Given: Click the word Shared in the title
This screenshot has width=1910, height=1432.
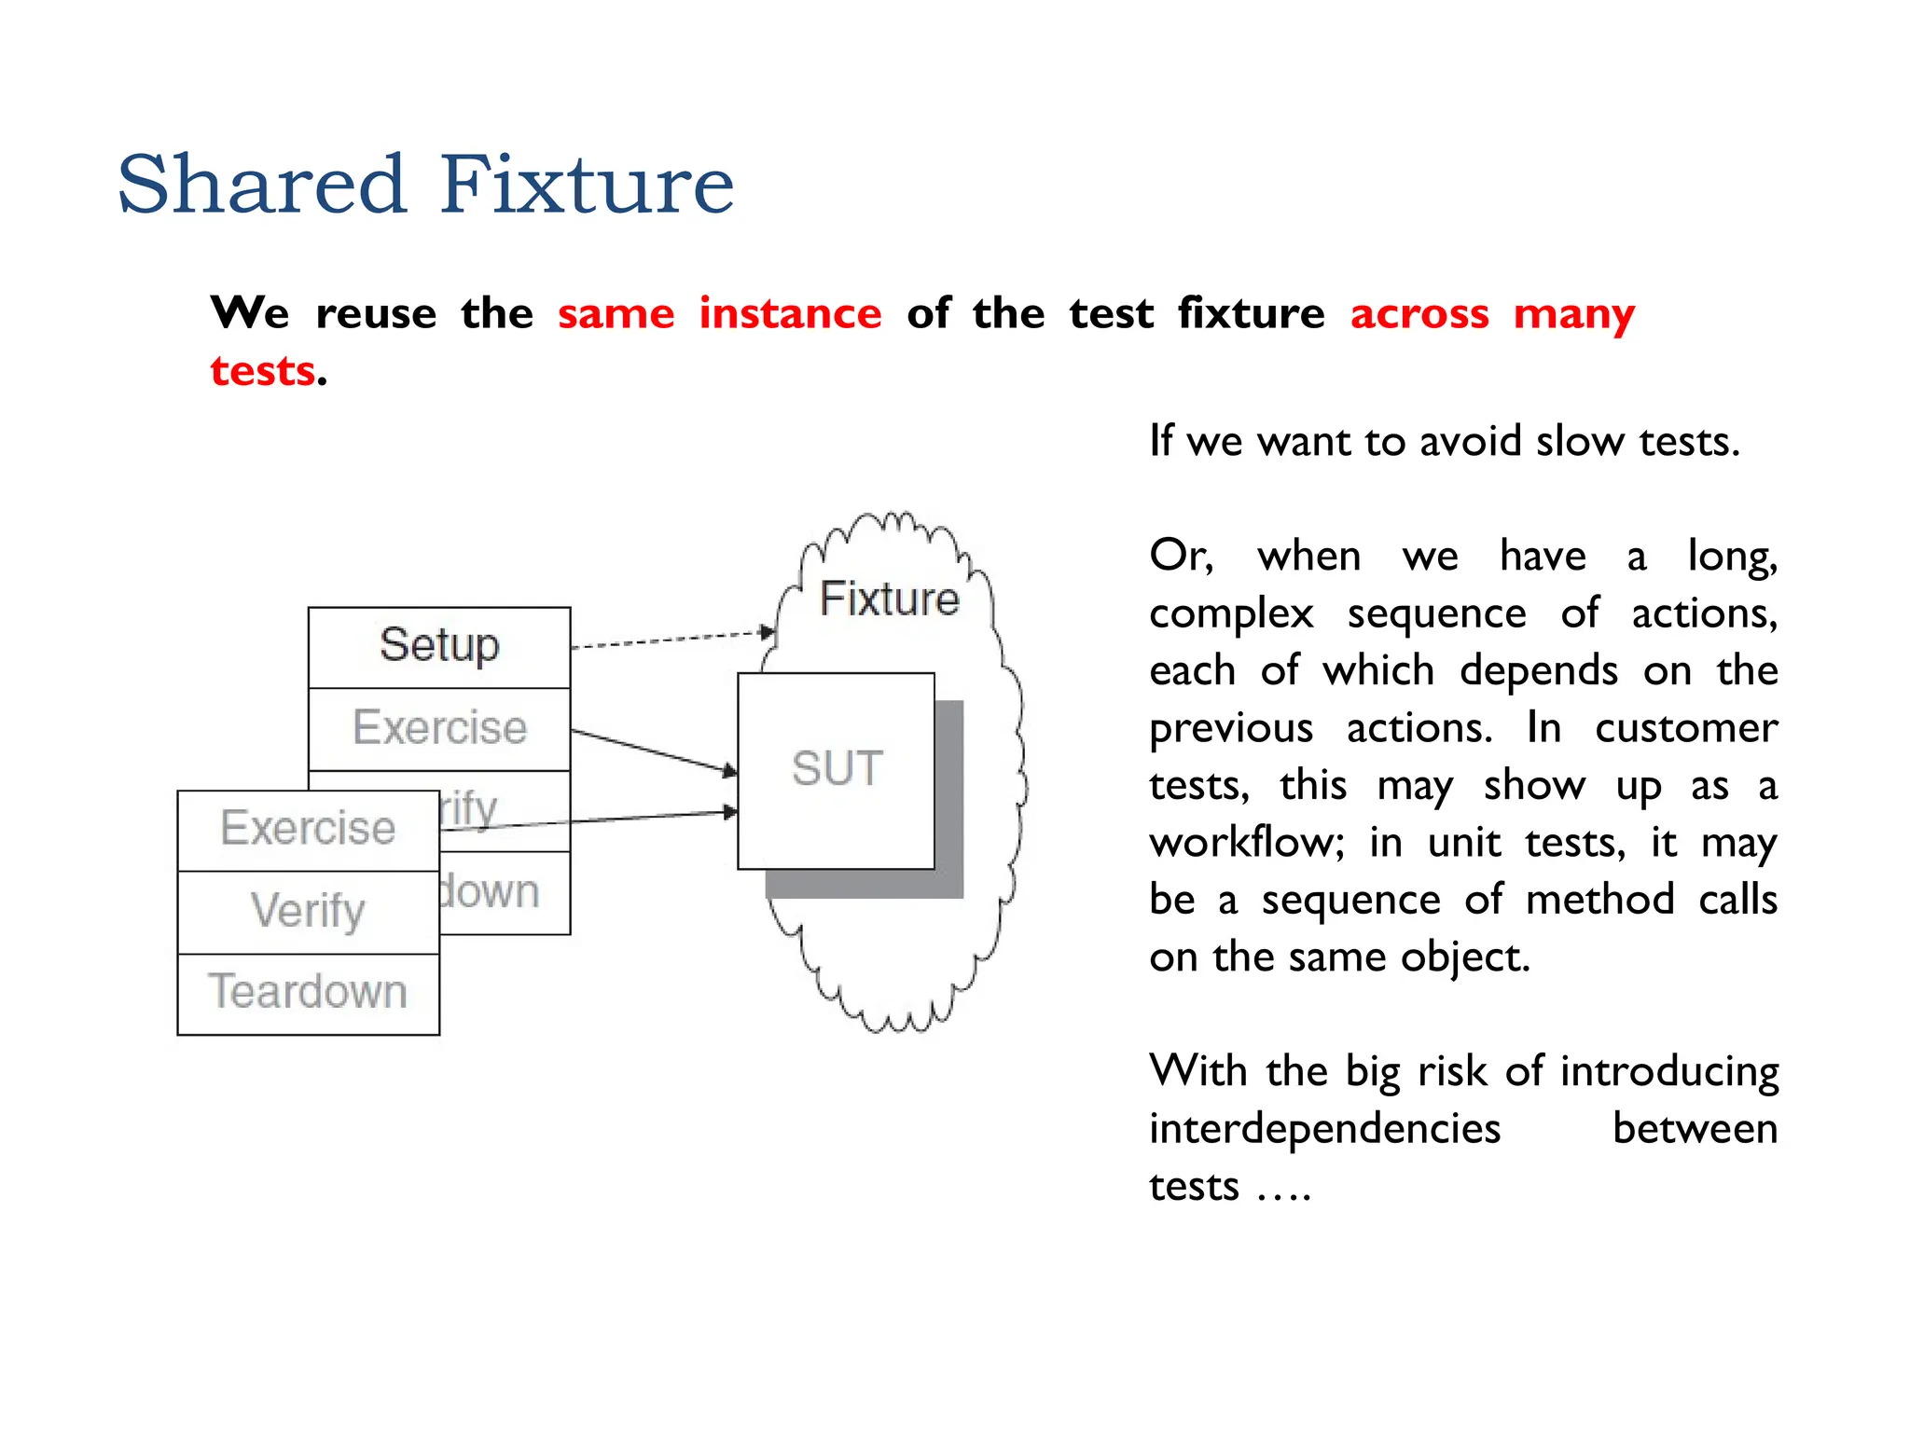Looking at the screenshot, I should (x=262, y=185).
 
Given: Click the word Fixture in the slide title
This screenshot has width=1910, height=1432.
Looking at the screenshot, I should (x=587, y=185).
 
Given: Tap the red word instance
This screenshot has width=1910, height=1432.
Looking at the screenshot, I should (x=790, y=313).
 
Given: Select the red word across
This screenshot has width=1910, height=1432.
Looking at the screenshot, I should (x=1419, y=313).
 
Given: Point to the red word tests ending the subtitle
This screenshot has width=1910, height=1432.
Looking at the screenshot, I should (x=262, y=371).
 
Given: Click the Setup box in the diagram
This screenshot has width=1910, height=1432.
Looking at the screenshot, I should (x=439, y=646).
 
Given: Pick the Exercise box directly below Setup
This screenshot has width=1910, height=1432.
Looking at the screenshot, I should (x=439, y=728).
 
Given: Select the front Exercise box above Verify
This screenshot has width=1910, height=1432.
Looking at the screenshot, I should (x=308, y=829).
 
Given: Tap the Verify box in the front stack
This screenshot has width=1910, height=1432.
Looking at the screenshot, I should (x=308, y=911).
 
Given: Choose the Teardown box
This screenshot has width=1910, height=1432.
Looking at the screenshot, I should (x=308, y=992).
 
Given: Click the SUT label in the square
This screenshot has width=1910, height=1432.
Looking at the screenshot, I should (x=837, y=769).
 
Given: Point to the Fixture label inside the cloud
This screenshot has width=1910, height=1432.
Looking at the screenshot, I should (x=889, y=599).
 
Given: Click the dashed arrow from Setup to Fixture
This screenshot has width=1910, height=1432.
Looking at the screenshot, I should (x=671, y=639).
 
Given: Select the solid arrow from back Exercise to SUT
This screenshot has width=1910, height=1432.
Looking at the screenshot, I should (x=653, y=751).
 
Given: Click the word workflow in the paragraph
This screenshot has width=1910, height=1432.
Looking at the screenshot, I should (x=1246, y=843).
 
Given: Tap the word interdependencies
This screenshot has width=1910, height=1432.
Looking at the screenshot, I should (x=1324, y=1129).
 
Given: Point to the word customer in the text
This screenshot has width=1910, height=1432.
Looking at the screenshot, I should (x=1685, y=728).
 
